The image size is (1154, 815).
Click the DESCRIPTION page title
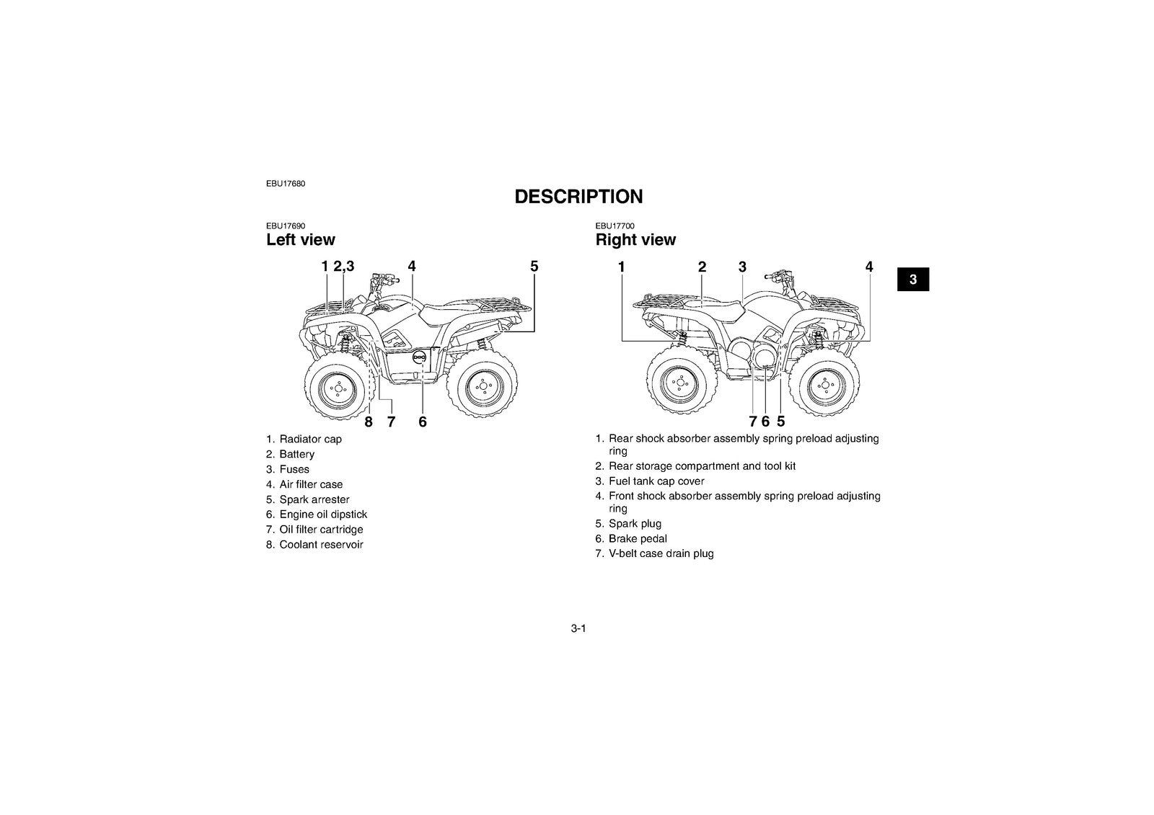coord(578,197)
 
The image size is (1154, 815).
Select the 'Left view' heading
coord(300,239)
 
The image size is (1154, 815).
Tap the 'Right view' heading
coord(635,239)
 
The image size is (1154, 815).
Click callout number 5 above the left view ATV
coord(534,267)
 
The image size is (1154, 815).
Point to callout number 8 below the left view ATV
coord(369,422)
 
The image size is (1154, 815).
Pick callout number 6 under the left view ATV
coord(423,422)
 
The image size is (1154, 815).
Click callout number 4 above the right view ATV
coord(869,267)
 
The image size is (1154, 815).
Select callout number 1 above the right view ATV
coord(621,267)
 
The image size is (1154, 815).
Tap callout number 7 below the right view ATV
coord(753,422)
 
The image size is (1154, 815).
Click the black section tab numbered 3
coord(913,280)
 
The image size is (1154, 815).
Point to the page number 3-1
coord(578,628)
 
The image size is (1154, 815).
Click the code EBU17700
coord(615,226)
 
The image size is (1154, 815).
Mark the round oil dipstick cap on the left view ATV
coord(420,356)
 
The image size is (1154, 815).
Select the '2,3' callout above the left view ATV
coord(343,267)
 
